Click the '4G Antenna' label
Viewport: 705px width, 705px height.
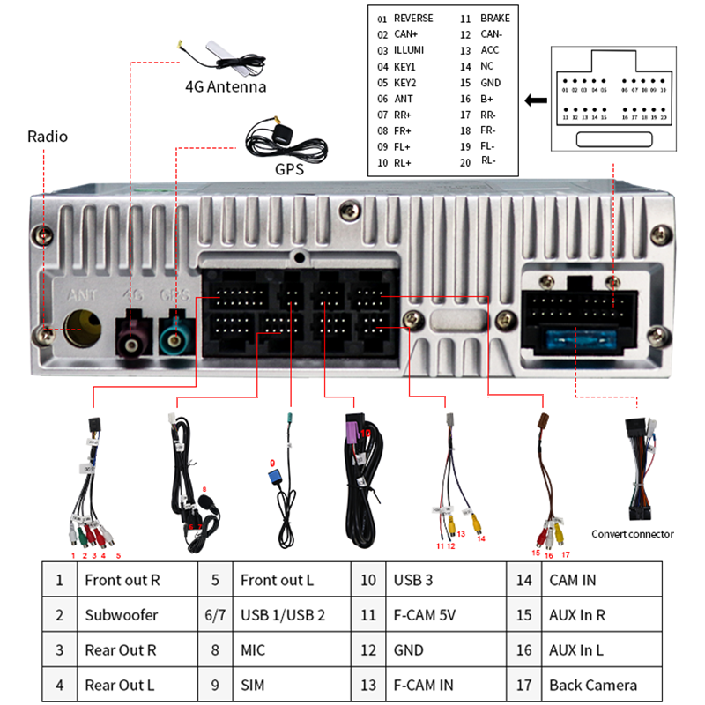pyautogui.click(x=225, y=86)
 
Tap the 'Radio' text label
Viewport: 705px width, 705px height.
pyautogui.click(x=48, y=137)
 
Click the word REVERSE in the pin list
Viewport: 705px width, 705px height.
pyautogui.click(x=413, y=19)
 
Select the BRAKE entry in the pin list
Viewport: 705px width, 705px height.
pyautogui.click(x=494, y=19)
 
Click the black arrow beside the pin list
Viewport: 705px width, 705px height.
pyautogui.click(x=534, y=100)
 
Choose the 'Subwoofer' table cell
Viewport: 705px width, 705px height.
pyautogui.click(x=121, y=615)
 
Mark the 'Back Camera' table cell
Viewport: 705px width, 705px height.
pyautogui.click(x=592, y=685)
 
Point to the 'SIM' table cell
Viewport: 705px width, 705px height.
pyautogui.click(x=252, y=685)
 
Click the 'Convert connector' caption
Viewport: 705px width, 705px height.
pyautogui.click(x=632, y=533)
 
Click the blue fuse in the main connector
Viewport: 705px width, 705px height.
pyautogui.click(x=573, y=338)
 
